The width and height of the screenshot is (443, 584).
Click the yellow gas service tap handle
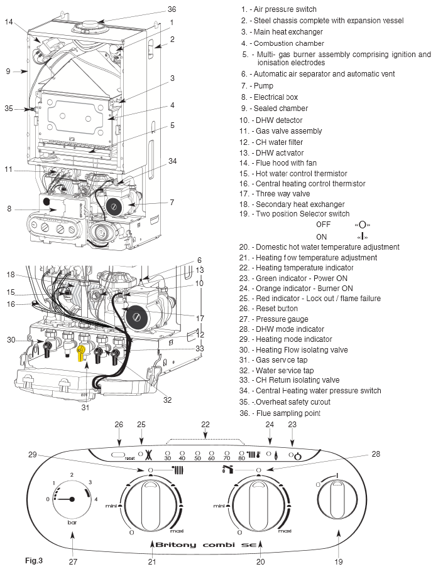tap(81, 354)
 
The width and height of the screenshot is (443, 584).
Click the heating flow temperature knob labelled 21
tap(151, 501)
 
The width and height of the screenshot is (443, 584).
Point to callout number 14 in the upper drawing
tap(9, 21)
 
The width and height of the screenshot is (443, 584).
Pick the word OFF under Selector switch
tap(324, 225)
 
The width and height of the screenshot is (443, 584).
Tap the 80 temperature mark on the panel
tap(242, 457)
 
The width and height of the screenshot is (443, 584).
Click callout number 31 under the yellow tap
tap(85, 407)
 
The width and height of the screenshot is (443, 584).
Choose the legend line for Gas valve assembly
tap(280, 131)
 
